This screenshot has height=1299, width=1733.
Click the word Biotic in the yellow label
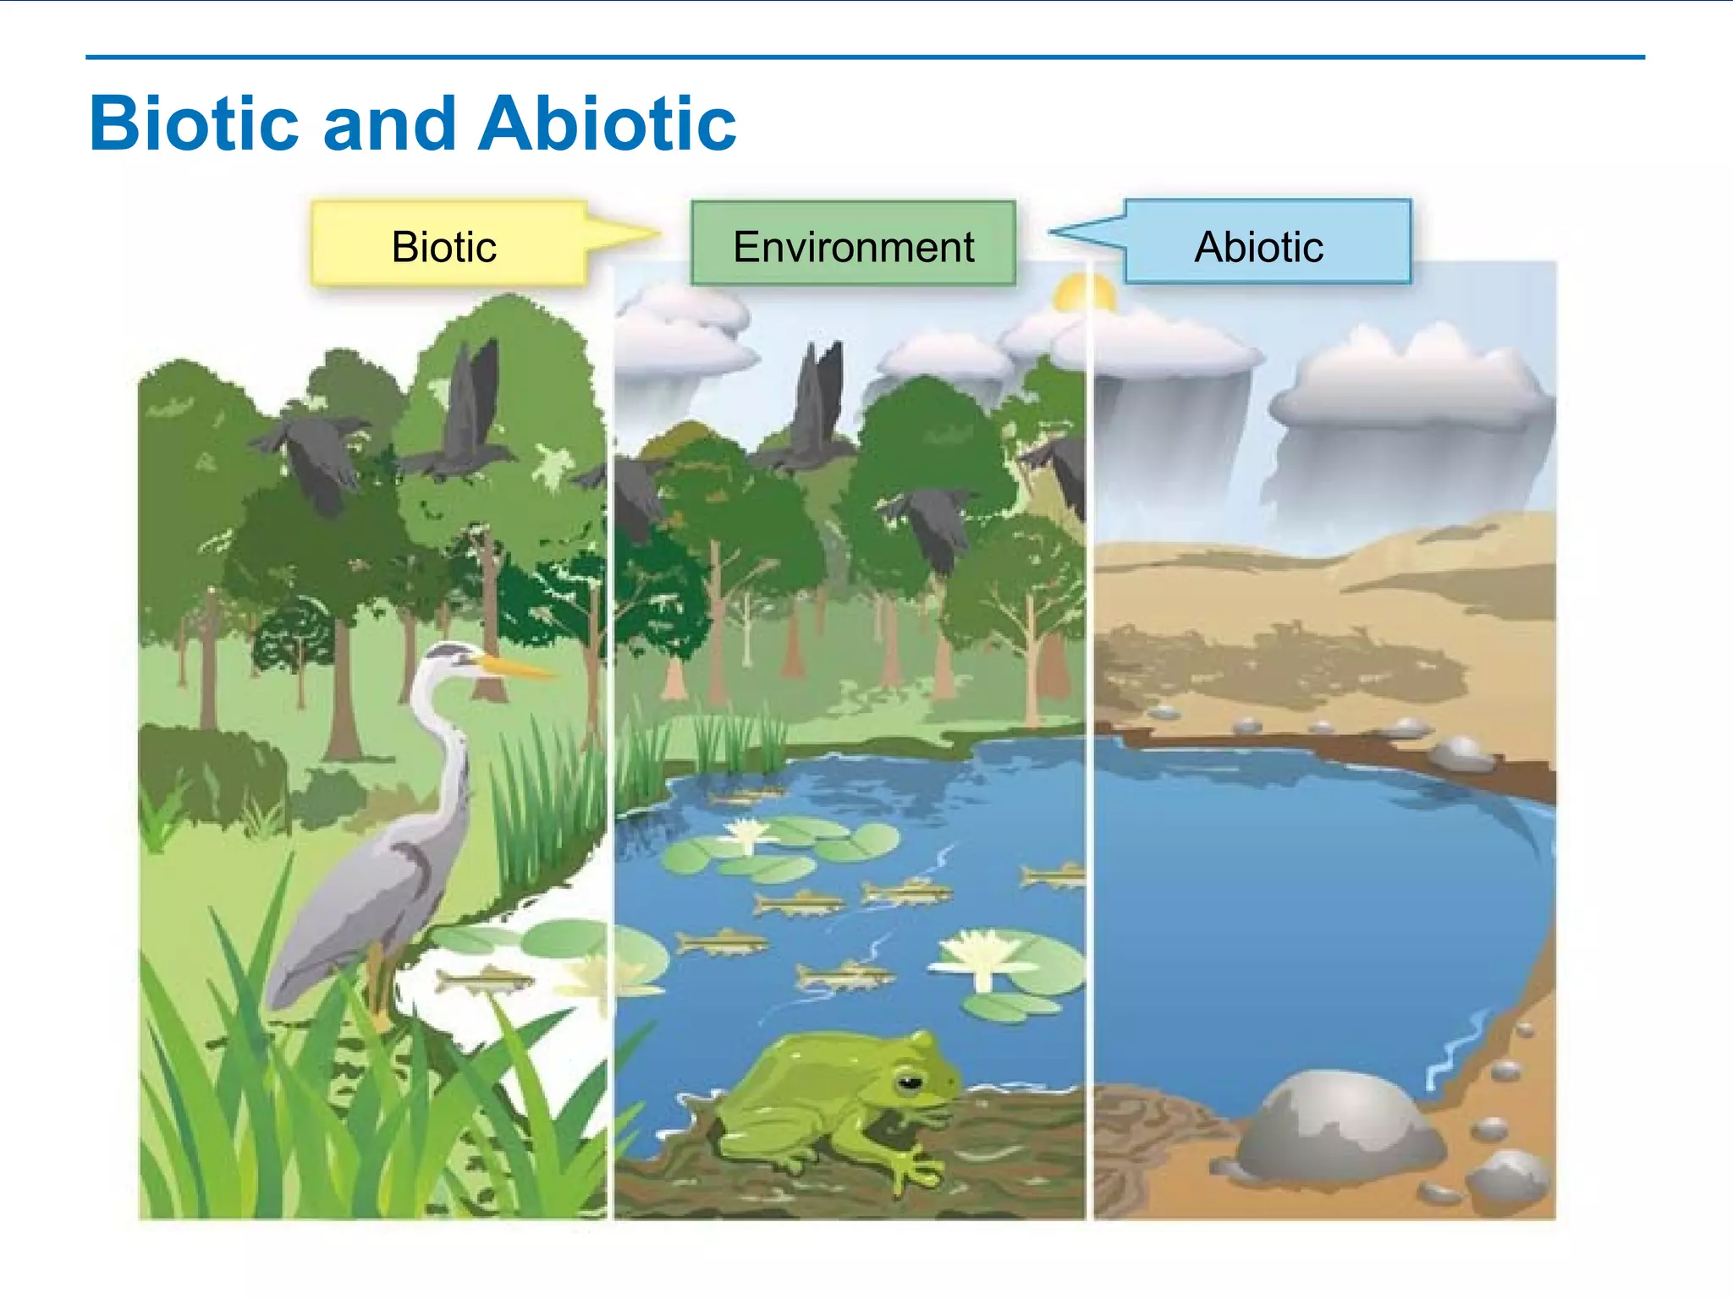pos(443,247)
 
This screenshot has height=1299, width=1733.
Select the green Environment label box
pos(853,244)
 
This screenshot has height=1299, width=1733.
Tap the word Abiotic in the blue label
pos(1258,247)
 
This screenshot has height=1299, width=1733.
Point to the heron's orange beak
pos(516,667)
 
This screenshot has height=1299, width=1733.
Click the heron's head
pos(448,655)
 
